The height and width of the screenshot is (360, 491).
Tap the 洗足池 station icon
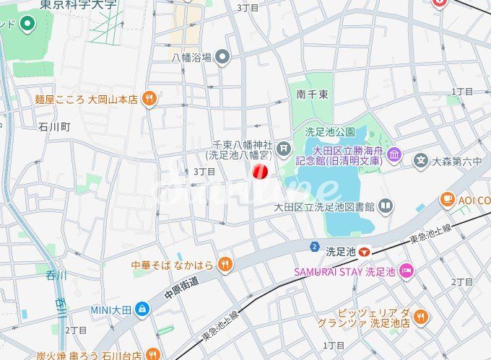pyautogui.click(x=366, y=252)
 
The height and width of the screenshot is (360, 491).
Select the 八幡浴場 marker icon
pyautogui.click(x=223, y=57)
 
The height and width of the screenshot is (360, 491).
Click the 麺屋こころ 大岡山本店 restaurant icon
pyautogui.click(x=149, y=99)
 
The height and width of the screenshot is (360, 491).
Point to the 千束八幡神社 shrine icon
pyautogui.click(x=284, y=149)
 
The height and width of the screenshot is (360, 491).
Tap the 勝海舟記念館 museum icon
pyautogui.click(x=394, y=154)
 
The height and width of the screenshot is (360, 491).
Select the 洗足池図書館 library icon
pyautogui.click(x=386, y=206)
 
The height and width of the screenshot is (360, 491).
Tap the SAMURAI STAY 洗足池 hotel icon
pyautogui.click(x=407, y=271)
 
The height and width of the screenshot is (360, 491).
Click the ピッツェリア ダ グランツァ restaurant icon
pyautogui.click(x=421, y=315)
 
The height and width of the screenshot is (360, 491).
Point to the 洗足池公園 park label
pyautogui.click(x=330, y=132)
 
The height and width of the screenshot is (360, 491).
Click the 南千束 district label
pyautogui.click(x=312, y=94)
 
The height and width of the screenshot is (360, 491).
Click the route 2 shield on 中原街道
pyautogui.click(x=315, y=247)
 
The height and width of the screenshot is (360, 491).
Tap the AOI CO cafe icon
pyautogui.click(x=448, y=198)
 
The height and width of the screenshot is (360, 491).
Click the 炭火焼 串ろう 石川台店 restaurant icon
pyautogui.click(x=152, y=354)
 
